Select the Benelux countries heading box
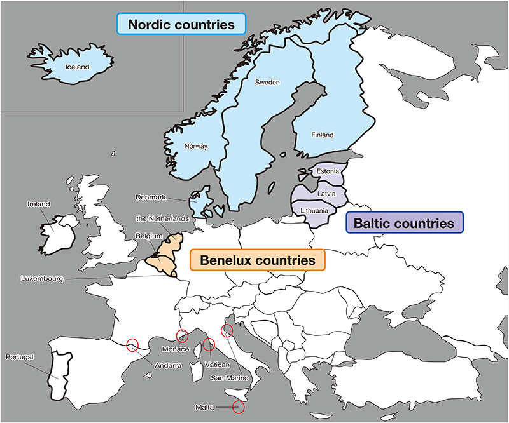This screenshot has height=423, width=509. (258, 260)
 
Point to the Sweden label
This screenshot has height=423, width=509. (267, 83)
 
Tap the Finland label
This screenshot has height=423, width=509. (323, 135)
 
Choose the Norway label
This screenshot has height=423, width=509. (196, 146)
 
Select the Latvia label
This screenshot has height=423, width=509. (325, 191)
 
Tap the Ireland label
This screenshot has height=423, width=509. (39, 204)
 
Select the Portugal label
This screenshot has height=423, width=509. (19, 356)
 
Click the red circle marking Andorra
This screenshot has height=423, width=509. (132, 345)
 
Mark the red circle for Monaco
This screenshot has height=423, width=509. (183, 335)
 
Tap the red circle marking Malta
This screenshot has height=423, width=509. (239, 407)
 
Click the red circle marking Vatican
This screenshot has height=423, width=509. (209, 346)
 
